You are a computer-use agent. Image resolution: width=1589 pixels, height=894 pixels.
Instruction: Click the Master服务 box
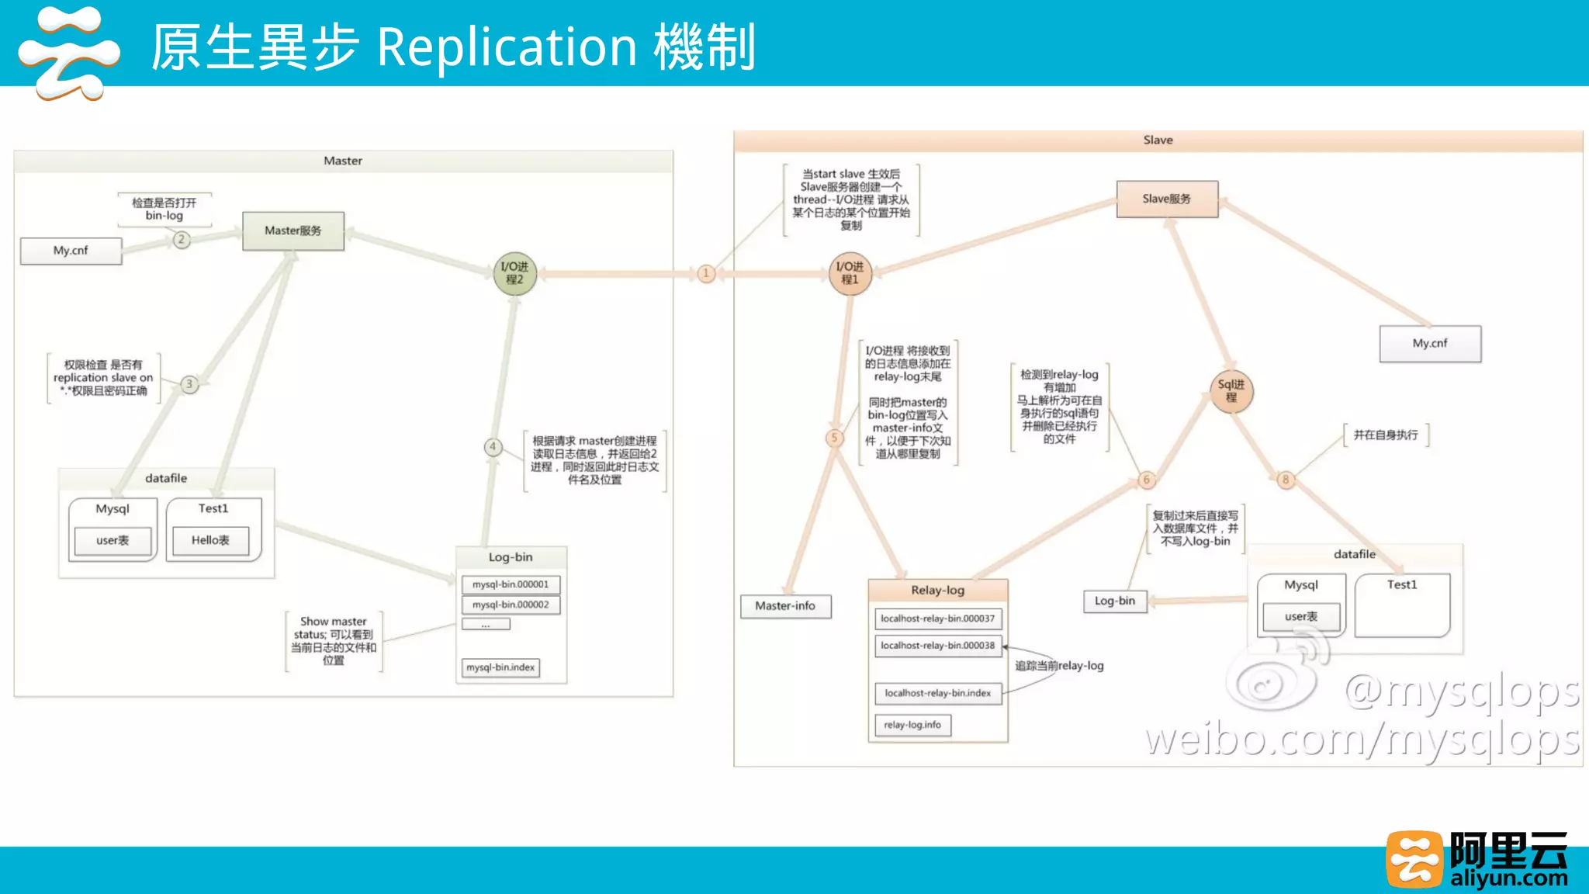pos(293,230)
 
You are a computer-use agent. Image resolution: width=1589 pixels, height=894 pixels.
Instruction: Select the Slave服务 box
pos(1167,199)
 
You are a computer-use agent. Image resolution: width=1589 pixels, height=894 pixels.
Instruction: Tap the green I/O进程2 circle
pos(515,273)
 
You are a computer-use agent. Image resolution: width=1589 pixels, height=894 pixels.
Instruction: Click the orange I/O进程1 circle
pos(850,273)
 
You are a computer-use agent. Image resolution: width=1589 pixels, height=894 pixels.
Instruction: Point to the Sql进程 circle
pos(1231,391)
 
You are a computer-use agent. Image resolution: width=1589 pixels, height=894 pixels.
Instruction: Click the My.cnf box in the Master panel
pos(71,251)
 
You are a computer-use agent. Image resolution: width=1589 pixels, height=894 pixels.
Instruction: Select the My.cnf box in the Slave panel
pos(1430,343)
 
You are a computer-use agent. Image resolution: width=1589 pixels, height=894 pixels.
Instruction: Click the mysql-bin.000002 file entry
pos(511,605)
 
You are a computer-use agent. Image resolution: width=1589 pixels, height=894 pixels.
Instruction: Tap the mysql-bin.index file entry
pos(500,667)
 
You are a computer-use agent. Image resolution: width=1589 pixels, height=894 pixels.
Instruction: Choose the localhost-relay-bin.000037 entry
pos(937,619)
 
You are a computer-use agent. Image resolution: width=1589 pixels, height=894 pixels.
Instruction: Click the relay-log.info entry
pos(912,725)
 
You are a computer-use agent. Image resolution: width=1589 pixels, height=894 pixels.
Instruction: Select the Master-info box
pos(785,606)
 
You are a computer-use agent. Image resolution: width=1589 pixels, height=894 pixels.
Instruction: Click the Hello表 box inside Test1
pos(210,540)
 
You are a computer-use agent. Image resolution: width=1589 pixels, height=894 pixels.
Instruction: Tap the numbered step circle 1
pos(706,273)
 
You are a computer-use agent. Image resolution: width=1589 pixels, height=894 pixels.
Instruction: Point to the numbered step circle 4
pos(493,447)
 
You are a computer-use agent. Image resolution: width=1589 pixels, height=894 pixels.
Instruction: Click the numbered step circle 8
pos(1286,480)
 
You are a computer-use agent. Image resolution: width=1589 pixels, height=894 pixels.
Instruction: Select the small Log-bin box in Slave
pos(1115,601)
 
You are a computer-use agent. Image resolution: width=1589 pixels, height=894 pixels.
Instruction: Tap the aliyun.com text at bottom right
pos(1508,878)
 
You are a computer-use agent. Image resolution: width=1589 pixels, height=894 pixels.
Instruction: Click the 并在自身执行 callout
pos(1386,435)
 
